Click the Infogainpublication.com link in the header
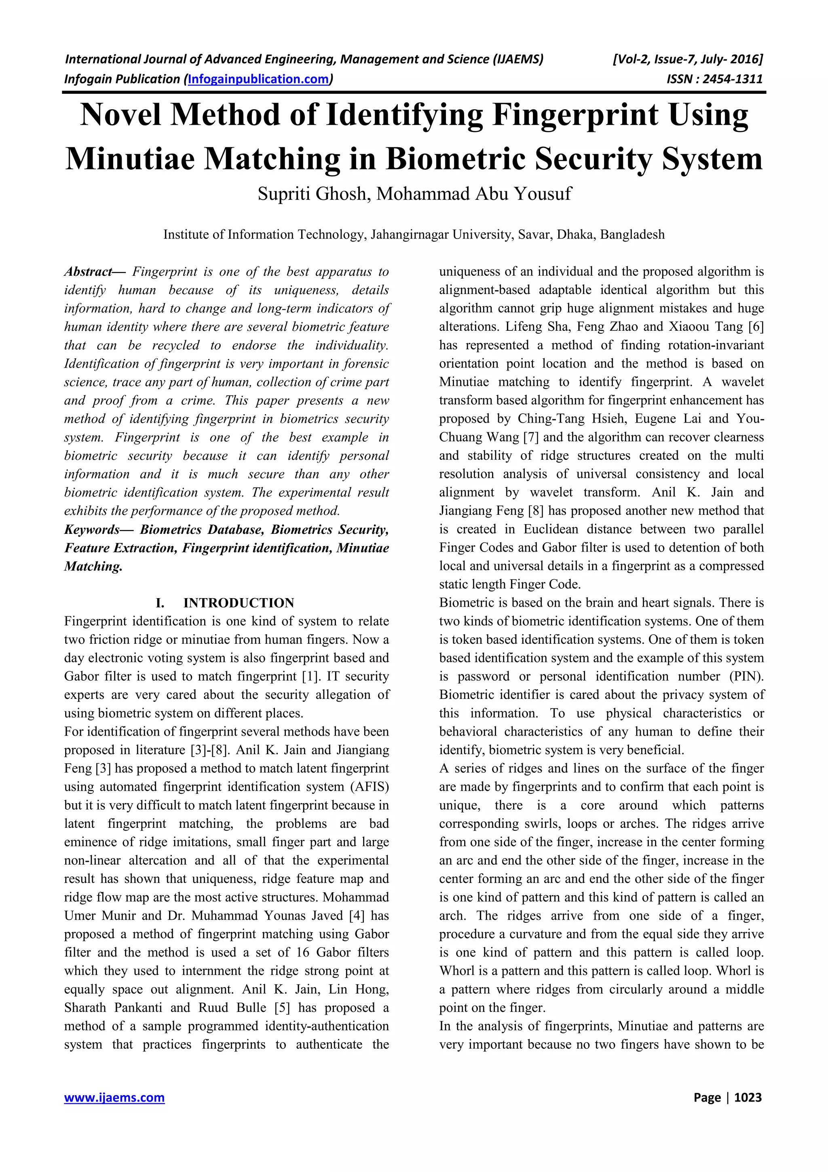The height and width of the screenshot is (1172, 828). [258, 79]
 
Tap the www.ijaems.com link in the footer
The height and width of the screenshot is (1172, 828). [114, 1098]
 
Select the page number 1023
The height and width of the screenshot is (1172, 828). [748, 1098]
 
